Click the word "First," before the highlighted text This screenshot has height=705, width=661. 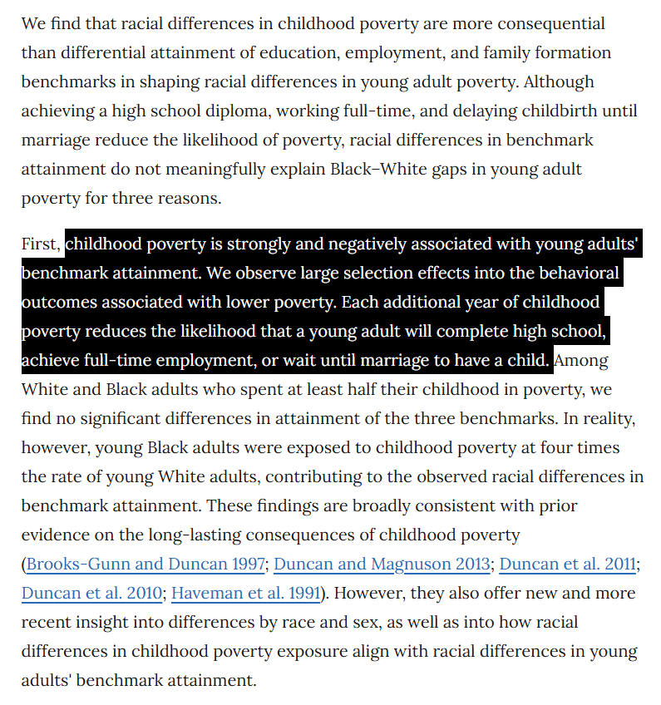tap(42, 244)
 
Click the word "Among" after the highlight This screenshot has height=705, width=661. tap(582, 361)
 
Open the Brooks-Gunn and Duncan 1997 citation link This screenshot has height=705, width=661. tap(146, 564)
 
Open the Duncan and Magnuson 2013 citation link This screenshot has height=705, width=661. tap(382, 564)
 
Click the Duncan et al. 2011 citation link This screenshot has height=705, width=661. tap(567, 564)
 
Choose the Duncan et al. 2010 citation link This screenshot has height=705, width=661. tap(91, 594)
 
